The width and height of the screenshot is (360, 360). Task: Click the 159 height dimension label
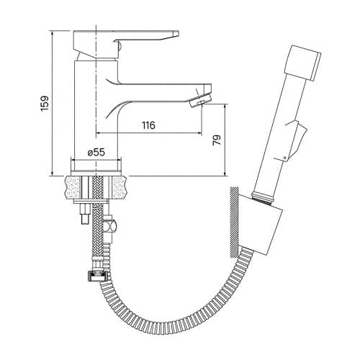point(45,104)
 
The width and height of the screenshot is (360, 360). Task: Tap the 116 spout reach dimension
point(149,125)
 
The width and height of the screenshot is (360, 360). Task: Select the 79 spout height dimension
point(217,140)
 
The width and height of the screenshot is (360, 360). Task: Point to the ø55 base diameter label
point(96,152)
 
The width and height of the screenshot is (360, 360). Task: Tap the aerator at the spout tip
point(201,100)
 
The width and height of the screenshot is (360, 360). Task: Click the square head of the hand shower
point(303,63)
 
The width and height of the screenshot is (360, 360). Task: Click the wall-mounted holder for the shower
point(260,225)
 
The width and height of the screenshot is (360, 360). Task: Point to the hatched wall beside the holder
point(234,222)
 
